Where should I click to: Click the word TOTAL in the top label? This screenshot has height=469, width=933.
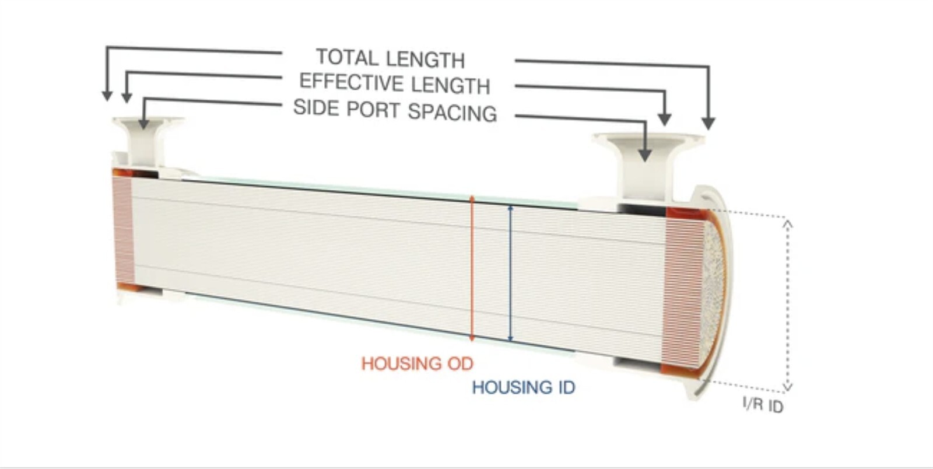click(347, 57)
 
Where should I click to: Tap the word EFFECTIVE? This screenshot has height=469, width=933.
click(353, 82)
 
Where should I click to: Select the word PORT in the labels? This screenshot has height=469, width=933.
click(373, 110)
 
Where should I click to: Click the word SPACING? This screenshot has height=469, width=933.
click(453, 112)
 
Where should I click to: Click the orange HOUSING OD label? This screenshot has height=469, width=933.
click(418, 363)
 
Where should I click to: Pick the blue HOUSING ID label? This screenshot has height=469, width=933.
click(524, 387)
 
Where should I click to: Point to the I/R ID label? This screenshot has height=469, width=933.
click(763, 405)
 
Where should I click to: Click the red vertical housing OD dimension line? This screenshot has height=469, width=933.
click(472, 269)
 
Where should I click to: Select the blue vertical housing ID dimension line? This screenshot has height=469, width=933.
click(511, 274)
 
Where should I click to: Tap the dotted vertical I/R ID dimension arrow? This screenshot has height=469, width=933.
click(787, 306)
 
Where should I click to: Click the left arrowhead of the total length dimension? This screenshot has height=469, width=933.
click(107, 96)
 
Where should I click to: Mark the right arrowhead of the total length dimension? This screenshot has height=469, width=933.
click(708, 123)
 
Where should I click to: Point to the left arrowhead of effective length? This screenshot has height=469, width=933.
click(127, 97)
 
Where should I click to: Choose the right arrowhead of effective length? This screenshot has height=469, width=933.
click(665, 119)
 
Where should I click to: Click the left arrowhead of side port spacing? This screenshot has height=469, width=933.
click(143, 124)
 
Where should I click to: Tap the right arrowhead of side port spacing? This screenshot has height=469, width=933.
click(645, 155)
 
